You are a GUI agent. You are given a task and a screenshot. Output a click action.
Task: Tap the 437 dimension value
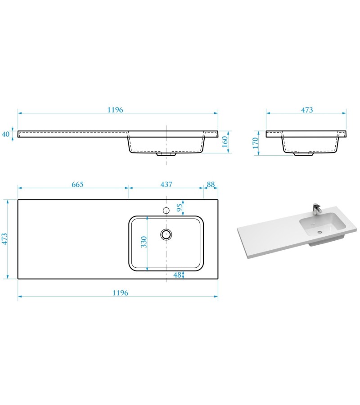click(x=166, y=184)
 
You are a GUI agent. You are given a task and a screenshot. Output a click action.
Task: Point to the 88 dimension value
click(x=210, y=184)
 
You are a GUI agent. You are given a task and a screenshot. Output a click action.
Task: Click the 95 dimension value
click(x=180, y=207)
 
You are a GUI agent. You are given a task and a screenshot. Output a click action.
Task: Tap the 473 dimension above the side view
click(x=306, y=110)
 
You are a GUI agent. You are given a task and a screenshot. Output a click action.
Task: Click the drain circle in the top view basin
click(x=166, y=234)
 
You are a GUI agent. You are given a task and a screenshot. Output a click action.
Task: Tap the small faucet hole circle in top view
click(x=166, y=210)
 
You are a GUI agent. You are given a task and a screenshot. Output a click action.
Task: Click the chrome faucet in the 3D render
click(x=316, y=209)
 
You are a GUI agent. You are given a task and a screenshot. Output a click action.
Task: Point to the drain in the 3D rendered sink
click(x=319, y=232)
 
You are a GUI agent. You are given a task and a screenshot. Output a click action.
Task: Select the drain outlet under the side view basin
click(x=304, y=154)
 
